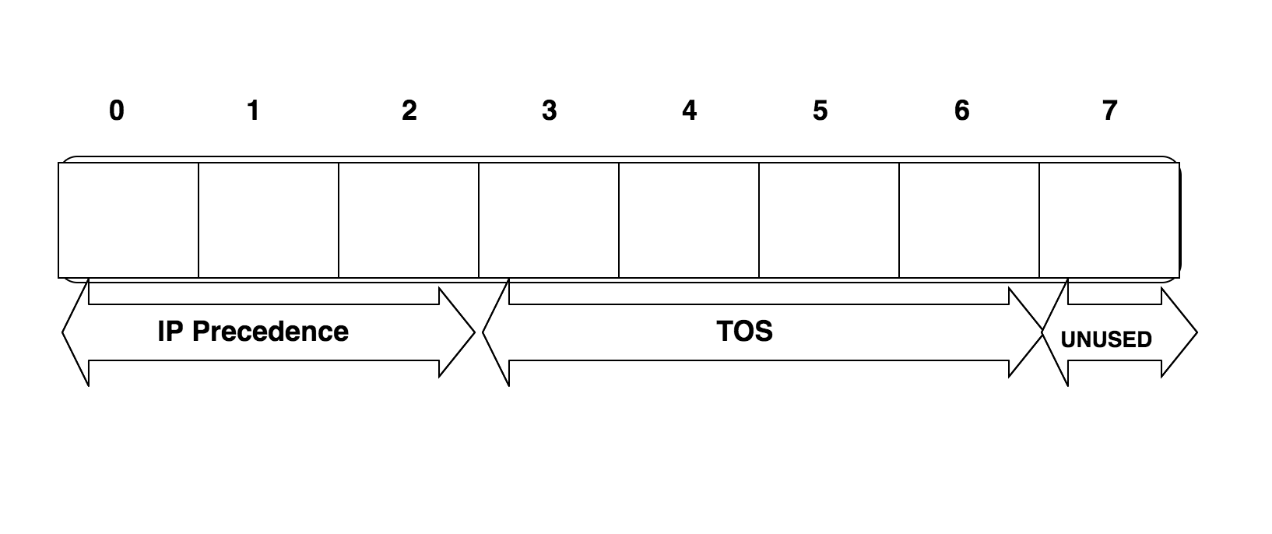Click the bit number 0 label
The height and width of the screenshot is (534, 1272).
(x=116, y=111)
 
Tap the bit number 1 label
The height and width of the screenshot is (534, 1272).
(x=253, y=111)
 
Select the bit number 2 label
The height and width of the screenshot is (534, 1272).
(x=409, y=111)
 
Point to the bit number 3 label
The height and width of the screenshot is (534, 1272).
(x=550, y=111)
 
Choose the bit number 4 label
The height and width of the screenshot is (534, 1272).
(x=689, y=111)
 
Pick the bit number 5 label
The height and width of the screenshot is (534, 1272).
(x=820, y=111)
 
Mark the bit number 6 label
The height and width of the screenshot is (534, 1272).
(x=962, y=111)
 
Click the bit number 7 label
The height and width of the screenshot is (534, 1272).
(x=1110, y=111)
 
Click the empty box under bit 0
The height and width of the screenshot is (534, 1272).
(x=128, y=220)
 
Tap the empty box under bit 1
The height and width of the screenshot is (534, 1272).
(x=269, y=220)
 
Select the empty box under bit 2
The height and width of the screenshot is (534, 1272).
(x=409, y=220)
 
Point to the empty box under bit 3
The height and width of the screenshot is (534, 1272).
(x=549, y=220)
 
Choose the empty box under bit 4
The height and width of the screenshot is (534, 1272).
(x=689, y=220)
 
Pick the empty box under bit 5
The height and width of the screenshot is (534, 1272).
(x=829, y=220)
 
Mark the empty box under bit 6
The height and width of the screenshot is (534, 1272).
(x=969, y=220)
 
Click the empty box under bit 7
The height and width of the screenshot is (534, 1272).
(x=1109, y=220)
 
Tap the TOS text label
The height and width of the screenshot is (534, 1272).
(x=744, y=332)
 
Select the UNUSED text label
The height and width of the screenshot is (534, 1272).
(x=1106, y=339)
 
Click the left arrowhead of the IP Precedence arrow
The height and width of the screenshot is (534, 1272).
(x=76, y=332)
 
